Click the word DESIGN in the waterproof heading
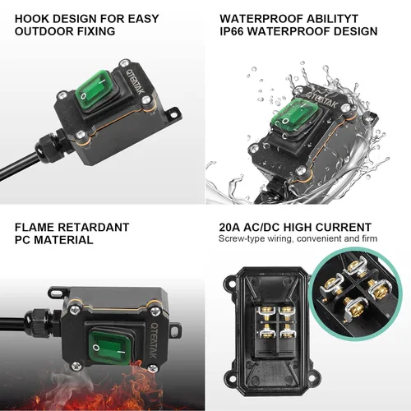point(351,31)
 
